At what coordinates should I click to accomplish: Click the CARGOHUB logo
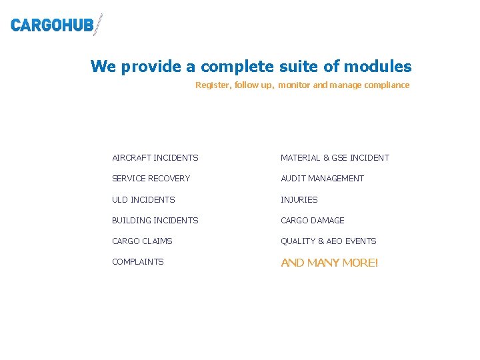[x=52, y=25]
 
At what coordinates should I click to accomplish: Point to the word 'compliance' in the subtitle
[x=387, y=85]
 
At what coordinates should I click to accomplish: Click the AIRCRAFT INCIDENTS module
[x=155, y=158]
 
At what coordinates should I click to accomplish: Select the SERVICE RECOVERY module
[x=151, y=179]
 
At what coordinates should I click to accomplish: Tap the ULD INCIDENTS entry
[x=143, y=200]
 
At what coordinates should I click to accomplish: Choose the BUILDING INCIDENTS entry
[x=155, y=221]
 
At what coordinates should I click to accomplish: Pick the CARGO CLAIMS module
[x=142, y=241]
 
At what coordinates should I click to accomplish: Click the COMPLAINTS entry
[x=137, y=262]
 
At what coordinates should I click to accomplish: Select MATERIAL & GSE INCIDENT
[x=335, y=158]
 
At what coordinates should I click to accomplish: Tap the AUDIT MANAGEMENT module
[x=322, y=179]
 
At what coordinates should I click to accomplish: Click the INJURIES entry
[x=299, y=200]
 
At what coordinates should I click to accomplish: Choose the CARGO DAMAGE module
[x=312, y=221]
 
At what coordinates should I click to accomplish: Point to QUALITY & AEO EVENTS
[x=328, y=241]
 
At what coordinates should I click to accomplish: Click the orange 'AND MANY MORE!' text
[x=329, y=263]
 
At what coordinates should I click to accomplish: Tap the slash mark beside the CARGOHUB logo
[x=99, y=25]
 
